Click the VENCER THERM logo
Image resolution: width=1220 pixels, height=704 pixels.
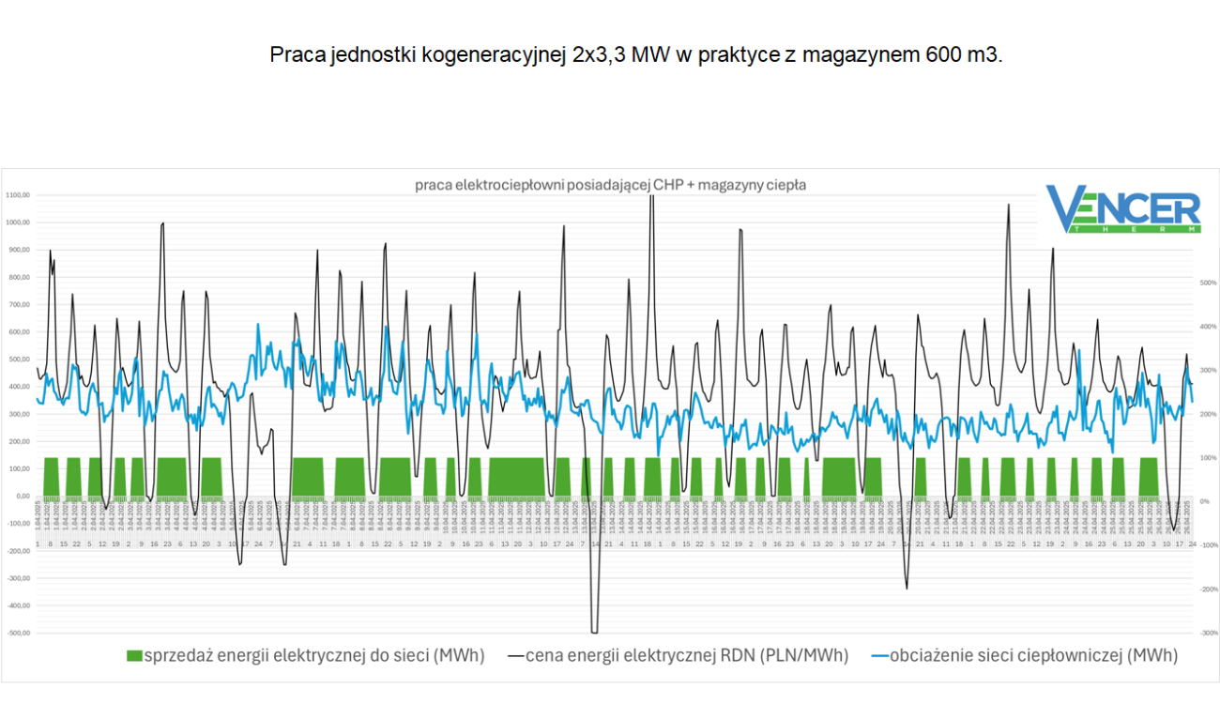coord(1122,209)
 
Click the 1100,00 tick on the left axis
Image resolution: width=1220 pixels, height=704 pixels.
coord(18,195)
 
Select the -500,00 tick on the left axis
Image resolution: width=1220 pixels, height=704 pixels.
coord(18,633)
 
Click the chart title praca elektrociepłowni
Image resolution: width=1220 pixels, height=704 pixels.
coord(610,185)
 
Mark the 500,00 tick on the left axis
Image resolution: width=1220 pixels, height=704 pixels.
coord(20,360)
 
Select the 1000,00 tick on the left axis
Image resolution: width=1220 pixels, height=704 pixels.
coord(18,222)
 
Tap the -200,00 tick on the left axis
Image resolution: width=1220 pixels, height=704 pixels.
coord(18,551)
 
